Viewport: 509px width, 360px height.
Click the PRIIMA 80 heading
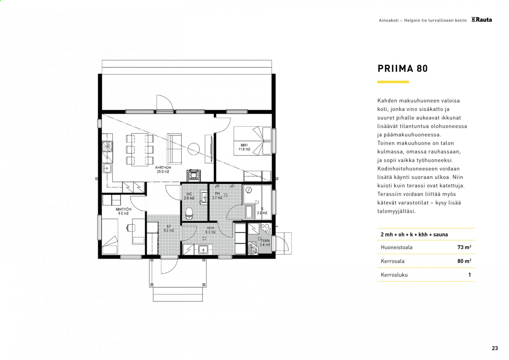click(402, 68)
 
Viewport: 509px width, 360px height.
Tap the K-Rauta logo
click(481, 20)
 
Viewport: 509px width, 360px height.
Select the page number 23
click(495, 348)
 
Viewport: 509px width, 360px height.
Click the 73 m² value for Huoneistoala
click(464, 247)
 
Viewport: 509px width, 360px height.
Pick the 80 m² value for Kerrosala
click(464, 261)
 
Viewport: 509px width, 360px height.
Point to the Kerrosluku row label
click(394, 275)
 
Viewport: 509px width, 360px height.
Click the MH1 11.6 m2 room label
click(244, 147)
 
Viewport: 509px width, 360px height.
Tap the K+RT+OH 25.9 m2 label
click(163, 169)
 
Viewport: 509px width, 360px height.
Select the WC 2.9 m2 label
click(189, 196)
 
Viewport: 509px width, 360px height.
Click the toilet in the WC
click(189, 214)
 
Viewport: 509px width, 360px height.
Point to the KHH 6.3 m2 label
click(211, 230)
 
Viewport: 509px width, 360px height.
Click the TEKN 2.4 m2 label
click(265, 243)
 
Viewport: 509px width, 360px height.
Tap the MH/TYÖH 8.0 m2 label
click(123, 211)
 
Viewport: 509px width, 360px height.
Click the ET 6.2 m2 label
click(169, 228)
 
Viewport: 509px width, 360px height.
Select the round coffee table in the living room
click(193, 149)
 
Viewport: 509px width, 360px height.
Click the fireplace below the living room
click(194, 176)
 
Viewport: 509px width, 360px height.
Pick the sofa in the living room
click(174, 149)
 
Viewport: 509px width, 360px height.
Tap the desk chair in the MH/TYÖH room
click(131, 228)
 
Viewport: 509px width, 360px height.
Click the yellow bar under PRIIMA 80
click(393, 82)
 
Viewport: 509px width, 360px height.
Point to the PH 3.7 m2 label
click(217, 196)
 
